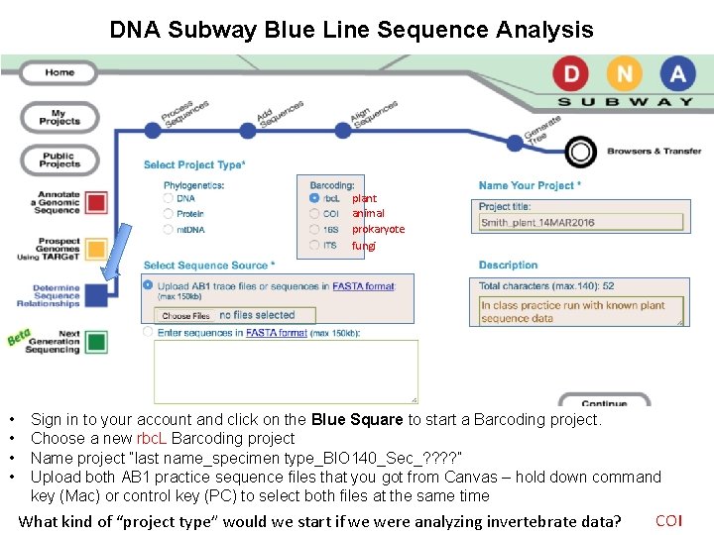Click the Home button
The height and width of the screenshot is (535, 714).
point(59,72)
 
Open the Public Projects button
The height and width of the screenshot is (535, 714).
point(59,160)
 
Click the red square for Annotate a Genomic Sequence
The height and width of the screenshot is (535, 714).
point(96,203)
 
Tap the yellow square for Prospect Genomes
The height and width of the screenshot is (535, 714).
point(96,249)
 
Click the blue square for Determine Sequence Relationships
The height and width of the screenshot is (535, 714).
point(96,294)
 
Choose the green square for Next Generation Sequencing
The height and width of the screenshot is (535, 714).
point(96,341)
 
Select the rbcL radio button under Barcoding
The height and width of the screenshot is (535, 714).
point(314,198)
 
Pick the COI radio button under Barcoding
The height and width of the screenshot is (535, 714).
point(314,214)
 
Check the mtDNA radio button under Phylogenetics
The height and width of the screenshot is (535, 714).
point(168,230)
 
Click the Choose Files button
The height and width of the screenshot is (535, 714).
point(185,316)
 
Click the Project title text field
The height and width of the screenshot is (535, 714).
point(581,223)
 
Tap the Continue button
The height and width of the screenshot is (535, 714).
point(604,402)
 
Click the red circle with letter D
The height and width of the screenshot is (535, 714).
point(572,73)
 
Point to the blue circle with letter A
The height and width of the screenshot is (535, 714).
point(676,73)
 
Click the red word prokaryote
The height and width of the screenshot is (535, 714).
point(378,230)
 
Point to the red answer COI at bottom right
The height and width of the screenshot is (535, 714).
point(669,521)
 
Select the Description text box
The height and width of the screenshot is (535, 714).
point(582,311)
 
